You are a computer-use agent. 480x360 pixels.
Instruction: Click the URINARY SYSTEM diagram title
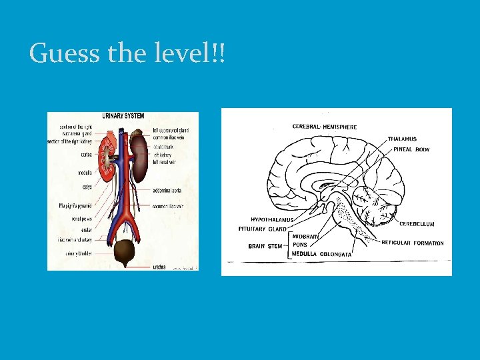coord(122,116)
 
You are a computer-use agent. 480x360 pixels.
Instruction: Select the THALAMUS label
coord(402,139)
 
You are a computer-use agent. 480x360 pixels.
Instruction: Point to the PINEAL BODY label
coord(412,150)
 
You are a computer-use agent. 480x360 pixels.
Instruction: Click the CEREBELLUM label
coord(417,225)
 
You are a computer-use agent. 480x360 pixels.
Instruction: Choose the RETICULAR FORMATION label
coord(412,243)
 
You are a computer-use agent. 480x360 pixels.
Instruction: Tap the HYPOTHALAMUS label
coord(272,220)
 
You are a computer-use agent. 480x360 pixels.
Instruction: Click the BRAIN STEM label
coord(265,246)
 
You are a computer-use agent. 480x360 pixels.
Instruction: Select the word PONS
coord(301,245)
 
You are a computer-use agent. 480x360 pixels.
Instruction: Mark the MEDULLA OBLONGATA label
coord(321,254)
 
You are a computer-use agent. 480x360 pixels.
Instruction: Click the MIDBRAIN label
coord(305,236)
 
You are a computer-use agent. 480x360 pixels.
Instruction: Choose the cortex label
coord(86,155)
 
